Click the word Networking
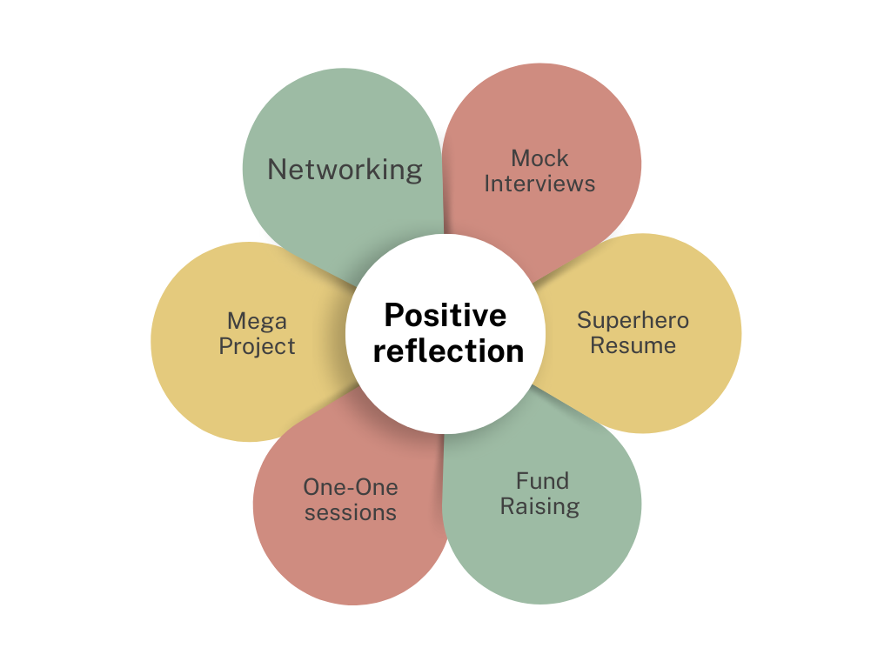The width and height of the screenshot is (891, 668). pyautogui.click(x=345, y=169)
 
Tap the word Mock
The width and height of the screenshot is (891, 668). pyautogui.click(x=539, y=158)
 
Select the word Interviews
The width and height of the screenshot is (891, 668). pyautogui.click(x=539, y=184)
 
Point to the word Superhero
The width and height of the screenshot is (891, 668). pyautogui.click(x=633, y=320)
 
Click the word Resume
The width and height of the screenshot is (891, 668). pyautogui.click(x=633, y=345)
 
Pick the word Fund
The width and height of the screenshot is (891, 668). pyautogui.click(x=541, y=480)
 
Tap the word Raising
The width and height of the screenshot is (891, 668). pyautogui.click(x=539, y=505)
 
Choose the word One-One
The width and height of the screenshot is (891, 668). pyautogui.click(x=350, y=487)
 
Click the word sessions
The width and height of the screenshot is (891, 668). pyautogui.click(x=350, y=512)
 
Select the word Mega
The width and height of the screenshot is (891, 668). pyautogui.click(x=257, y=321)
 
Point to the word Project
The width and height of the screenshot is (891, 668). pyautogui.click(x=257, y=346)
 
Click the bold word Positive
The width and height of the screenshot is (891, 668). pyautogui.click(x=445, y=315)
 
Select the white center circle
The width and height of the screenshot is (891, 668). pyautogui.click(x=445, y=383)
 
